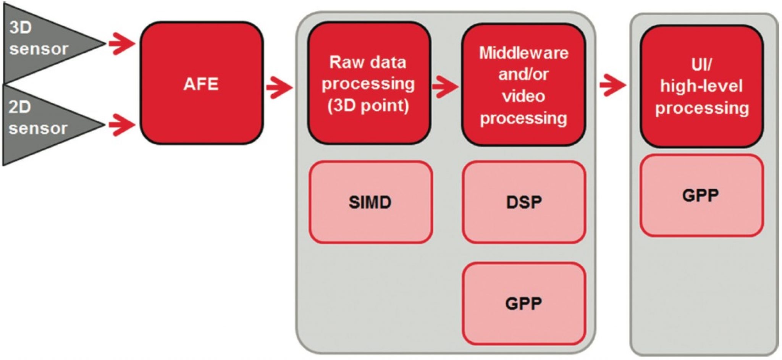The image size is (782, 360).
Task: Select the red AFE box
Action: [x=201, y=83]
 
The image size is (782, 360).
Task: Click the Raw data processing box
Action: [x=369, y=83]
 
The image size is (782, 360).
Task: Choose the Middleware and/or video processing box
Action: [x=523, y=85]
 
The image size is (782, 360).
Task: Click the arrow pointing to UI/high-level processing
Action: [x=612, y=85]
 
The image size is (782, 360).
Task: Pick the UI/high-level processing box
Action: [x=701, y=86]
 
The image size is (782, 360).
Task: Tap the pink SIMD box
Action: [x=370, y=202]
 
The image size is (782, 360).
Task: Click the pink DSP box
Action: [x=523, y=202]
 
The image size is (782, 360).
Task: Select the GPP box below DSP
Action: [x=523, y=304]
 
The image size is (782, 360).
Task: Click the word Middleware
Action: [x=523, y=53]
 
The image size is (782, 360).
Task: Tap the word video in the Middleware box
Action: [x=523, y=96]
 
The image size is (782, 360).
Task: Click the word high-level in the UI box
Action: [x=701, y=86]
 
